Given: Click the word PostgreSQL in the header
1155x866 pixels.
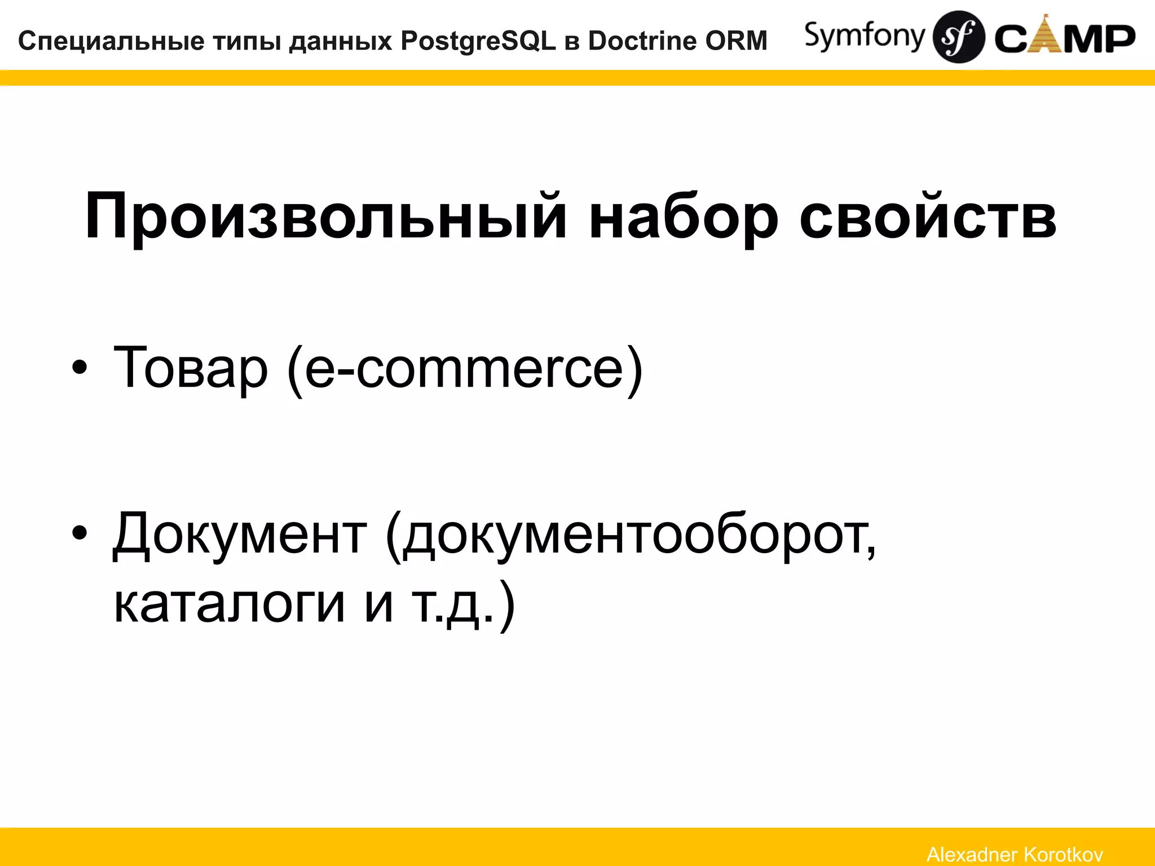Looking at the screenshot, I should tap(478, 41).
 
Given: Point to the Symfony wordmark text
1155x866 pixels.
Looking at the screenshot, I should tap(865, 36).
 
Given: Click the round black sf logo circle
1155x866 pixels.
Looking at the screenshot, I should tap(959, 37).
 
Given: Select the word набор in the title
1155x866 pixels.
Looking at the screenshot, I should tap(683, 217).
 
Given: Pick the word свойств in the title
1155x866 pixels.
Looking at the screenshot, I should tap(928, 217).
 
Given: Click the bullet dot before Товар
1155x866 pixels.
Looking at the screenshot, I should tap(80, 368).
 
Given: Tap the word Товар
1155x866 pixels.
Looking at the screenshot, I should tap(190, 368).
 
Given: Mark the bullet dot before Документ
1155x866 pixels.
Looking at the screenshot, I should tap(80, 533).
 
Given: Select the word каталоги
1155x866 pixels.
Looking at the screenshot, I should tap(229, 603).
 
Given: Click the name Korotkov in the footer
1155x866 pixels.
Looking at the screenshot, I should tap(1063, 854).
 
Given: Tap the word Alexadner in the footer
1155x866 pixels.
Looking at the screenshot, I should tap(971, 854).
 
